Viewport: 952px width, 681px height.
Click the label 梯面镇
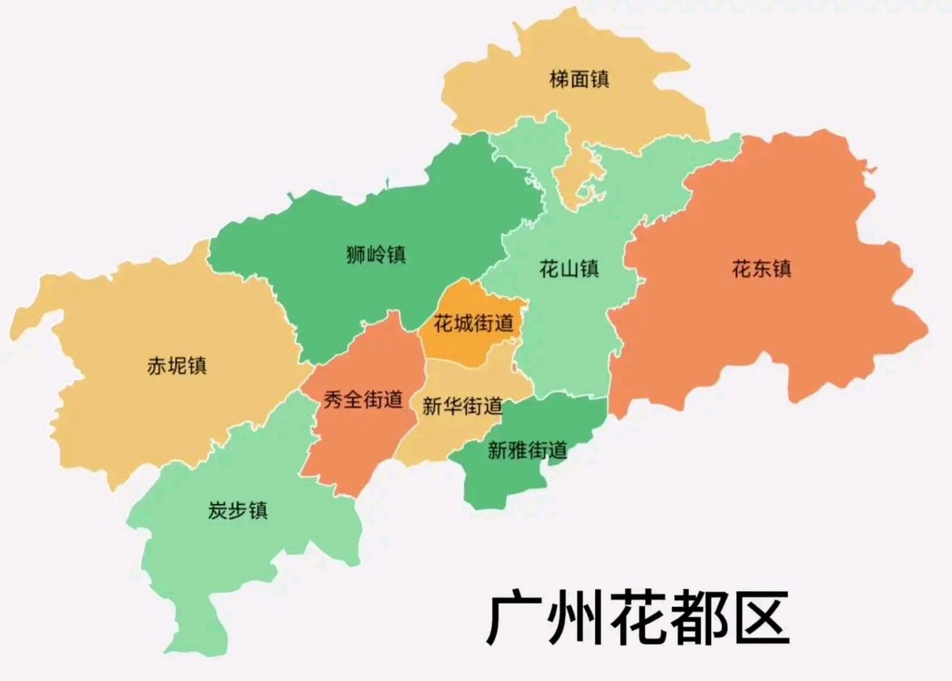[579, 80]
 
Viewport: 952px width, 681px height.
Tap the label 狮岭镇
[375, 254]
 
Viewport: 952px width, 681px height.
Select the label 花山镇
[569, 269]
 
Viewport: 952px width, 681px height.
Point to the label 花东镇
[761, 269]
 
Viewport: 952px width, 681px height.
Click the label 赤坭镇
[177, 366]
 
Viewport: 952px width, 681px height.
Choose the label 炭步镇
[237, 511]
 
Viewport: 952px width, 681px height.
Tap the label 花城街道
[473, 323]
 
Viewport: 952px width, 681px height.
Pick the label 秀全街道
[363, 400]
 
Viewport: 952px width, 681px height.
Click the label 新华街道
[462, 406]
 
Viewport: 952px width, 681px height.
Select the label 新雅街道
[527, 451]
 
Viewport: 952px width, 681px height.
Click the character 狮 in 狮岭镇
[356, 254]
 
